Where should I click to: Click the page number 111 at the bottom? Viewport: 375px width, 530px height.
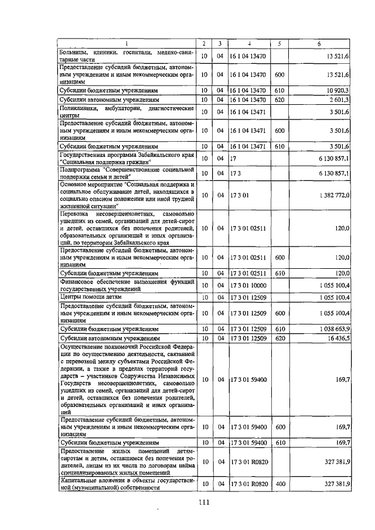[204, 501]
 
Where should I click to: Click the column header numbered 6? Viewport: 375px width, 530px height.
[319, 44]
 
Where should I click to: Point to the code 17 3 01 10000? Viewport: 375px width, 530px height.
[249, 285]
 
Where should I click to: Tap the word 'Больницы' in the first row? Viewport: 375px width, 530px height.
[74, 53]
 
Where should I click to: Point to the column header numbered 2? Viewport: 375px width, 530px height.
[203, 44]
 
